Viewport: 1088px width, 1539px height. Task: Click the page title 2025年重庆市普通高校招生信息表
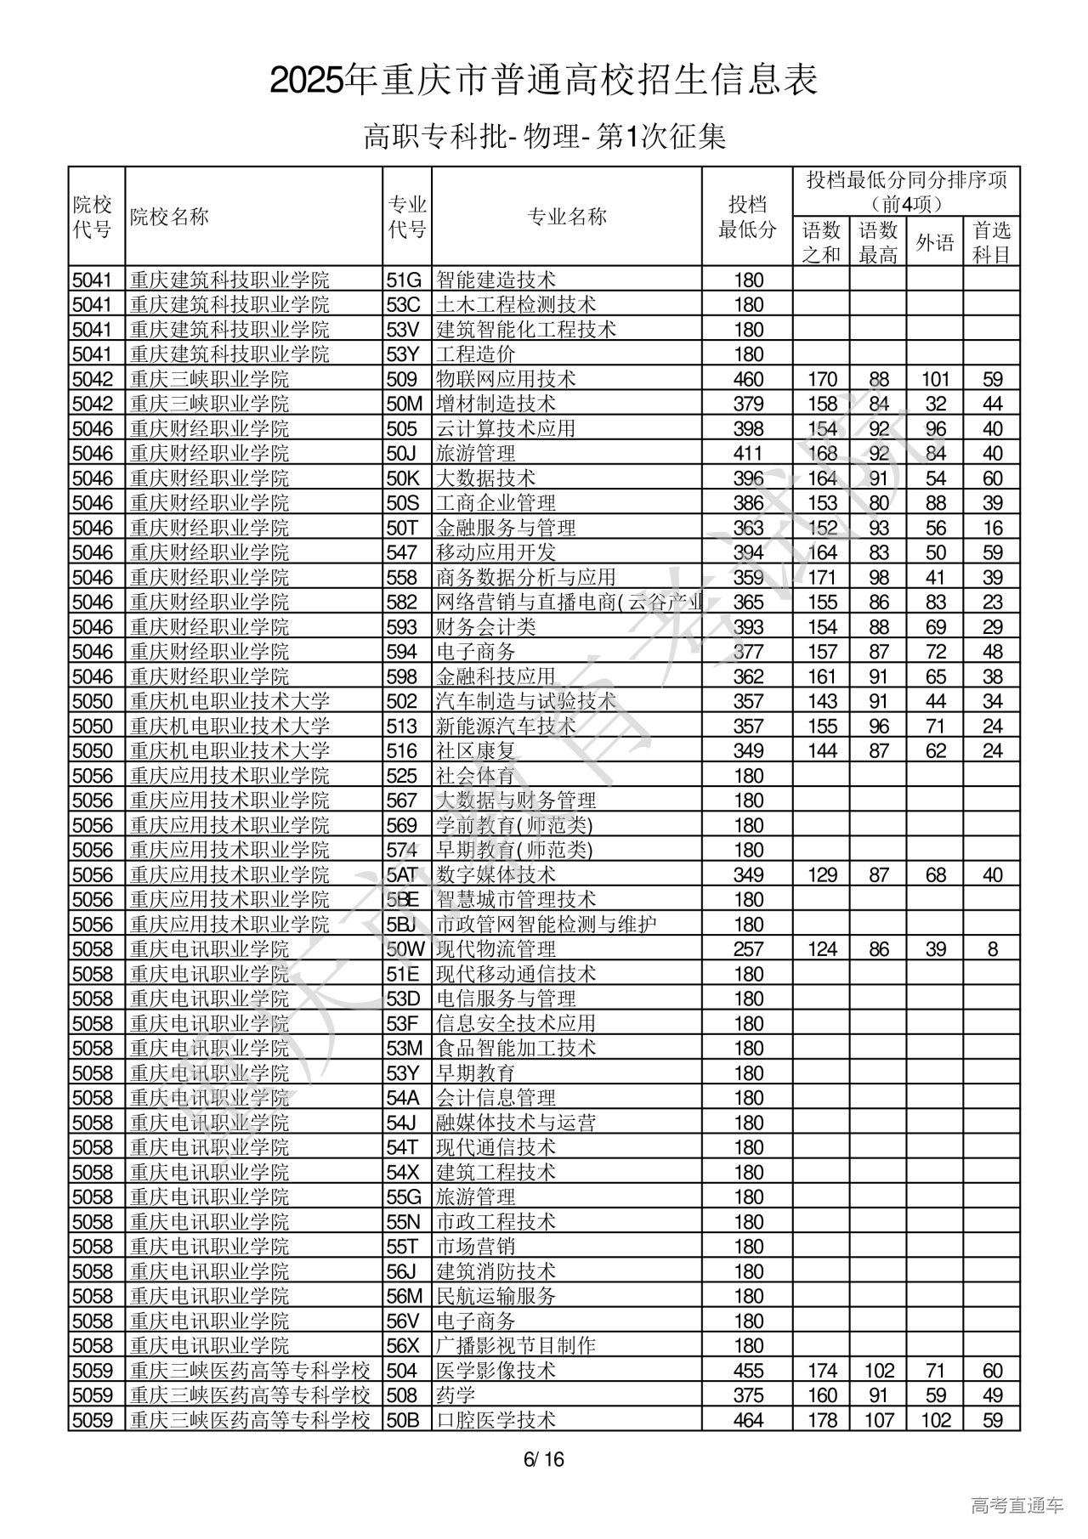[544, 81]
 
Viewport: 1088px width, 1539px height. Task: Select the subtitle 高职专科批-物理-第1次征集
[544, 136]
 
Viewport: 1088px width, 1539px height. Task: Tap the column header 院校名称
[169, 217]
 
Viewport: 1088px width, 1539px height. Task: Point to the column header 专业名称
[567, 217]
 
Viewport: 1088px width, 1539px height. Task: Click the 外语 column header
[934, 242]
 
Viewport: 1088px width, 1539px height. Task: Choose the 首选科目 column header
[991, 242]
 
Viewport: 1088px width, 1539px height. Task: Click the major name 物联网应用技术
[506, 379]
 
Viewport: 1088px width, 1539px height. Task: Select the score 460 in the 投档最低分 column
[748, 379]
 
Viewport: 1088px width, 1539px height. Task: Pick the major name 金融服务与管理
[506, 528]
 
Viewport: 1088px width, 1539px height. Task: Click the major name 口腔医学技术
[496, 1420]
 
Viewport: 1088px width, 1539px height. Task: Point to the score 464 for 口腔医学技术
[748, 1420]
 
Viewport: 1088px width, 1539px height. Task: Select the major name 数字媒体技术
[496, 874]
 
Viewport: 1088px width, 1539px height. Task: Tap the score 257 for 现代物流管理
[748, 949]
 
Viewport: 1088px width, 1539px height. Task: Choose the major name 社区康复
[475, 750]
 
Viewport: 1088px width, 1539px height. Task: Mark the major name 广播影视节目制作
[516, 1345]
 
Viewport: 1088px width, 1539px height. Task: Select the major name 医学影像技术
[496, 1371]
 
